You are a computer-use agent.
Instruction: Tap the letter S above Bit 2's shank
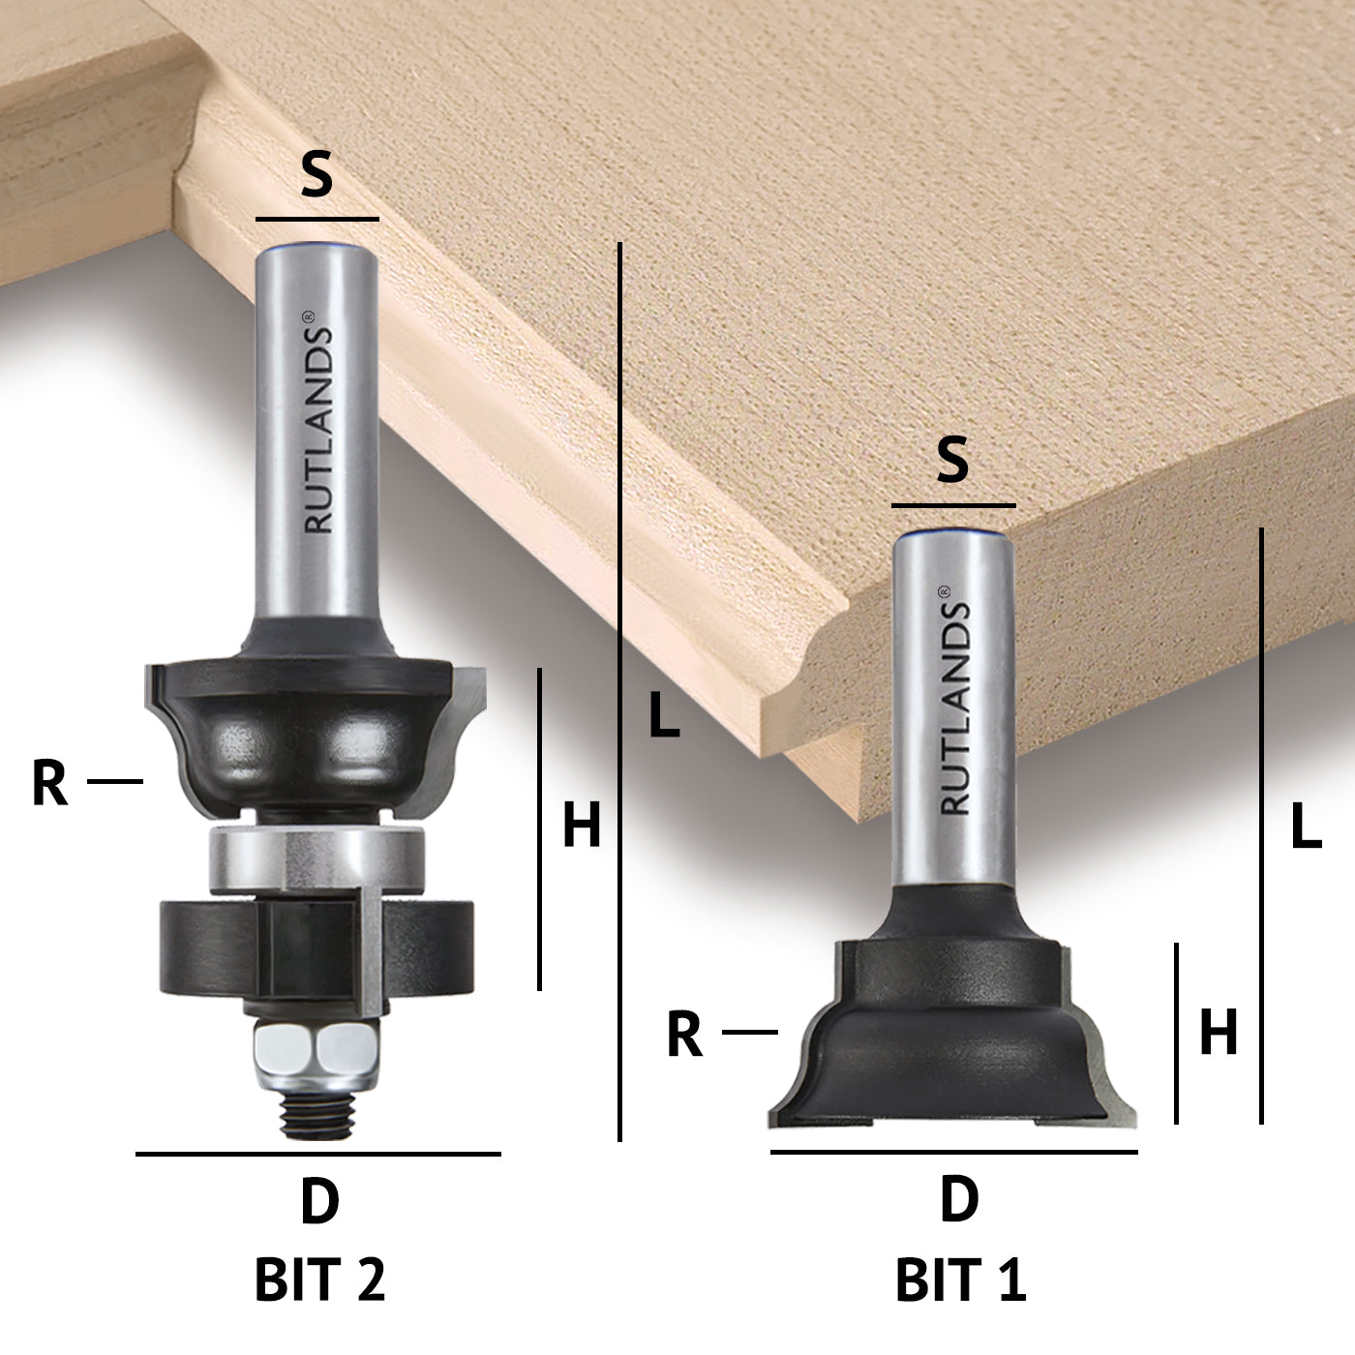pyautogui.click(x=316, y=176)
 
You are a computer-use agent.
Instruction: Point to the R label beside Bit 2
pyautogui.click(x=50, y=783)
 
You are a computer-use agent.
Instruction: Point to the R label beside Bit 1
pyautogui.click(x=684, y=1034)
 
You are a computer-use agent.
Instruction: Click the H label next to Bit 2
pyautogui.click(x=582, y=824)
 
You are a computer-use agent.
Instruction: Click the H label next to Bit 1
pyautogui.click(x=1219, y=1032)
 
